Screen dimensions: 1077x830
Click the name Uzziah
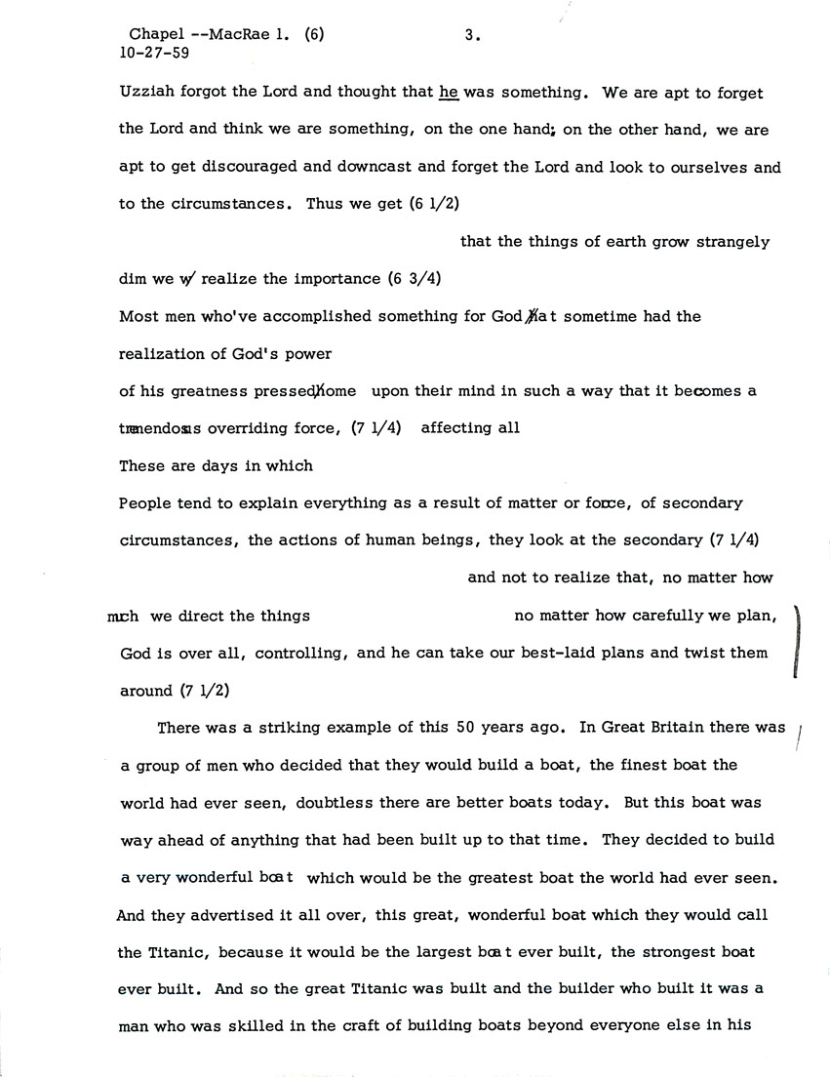coord(144,94)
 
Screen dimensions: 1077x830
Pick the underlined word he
coord(449,94)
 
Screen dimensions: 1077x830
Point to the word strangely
coord(733,242)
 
